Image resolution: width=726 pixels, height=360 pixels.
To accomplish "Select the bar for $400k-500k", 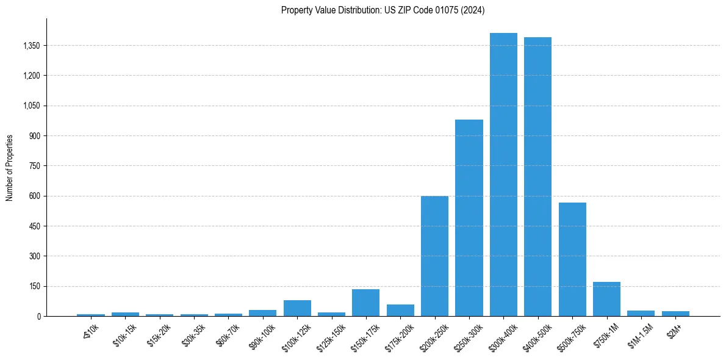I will click(537, 177).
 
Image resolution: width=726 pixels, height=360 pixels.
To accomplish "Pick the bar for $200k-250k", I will click(434, 256).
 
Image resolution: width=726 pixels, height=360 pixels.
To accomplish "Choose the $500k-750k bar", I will click(572, 259).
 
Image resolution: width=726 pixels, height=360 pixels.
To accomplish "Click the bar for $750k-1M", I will click(606, 299).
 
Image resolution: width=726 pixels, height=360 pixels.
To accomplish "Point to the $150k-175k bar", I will click(366, 303).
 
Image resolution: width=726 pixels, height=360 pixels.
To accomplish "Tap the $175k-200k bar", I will click(400, 310).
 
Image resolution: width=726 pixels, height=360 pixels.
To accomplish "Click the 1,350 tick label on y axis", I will click(31, 46).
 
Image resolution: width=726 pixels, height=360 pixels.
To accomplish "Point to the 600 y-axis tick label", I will click(35, 196).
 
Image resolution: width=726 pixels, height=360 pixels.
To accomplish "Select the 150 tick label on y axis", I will click(35, 286).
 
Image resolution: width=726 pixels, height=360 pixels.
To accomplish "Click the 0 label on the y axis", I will click(38, 316).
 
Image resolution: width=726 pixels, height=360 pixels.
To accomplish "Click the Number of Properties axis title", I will click(10, 167).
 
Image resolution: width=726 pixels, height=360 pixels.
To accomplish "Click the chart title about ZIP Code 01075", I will click(383, 10).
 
